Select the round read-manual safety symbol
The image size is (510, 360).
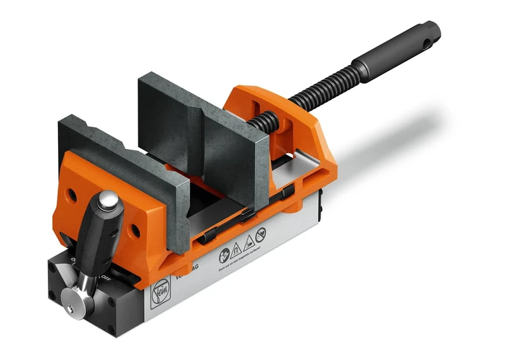click(224, 255)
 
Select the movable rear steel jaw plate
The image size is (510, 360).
click(204, 127)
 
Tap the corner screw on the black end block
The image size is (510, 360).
click(52, 295)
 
